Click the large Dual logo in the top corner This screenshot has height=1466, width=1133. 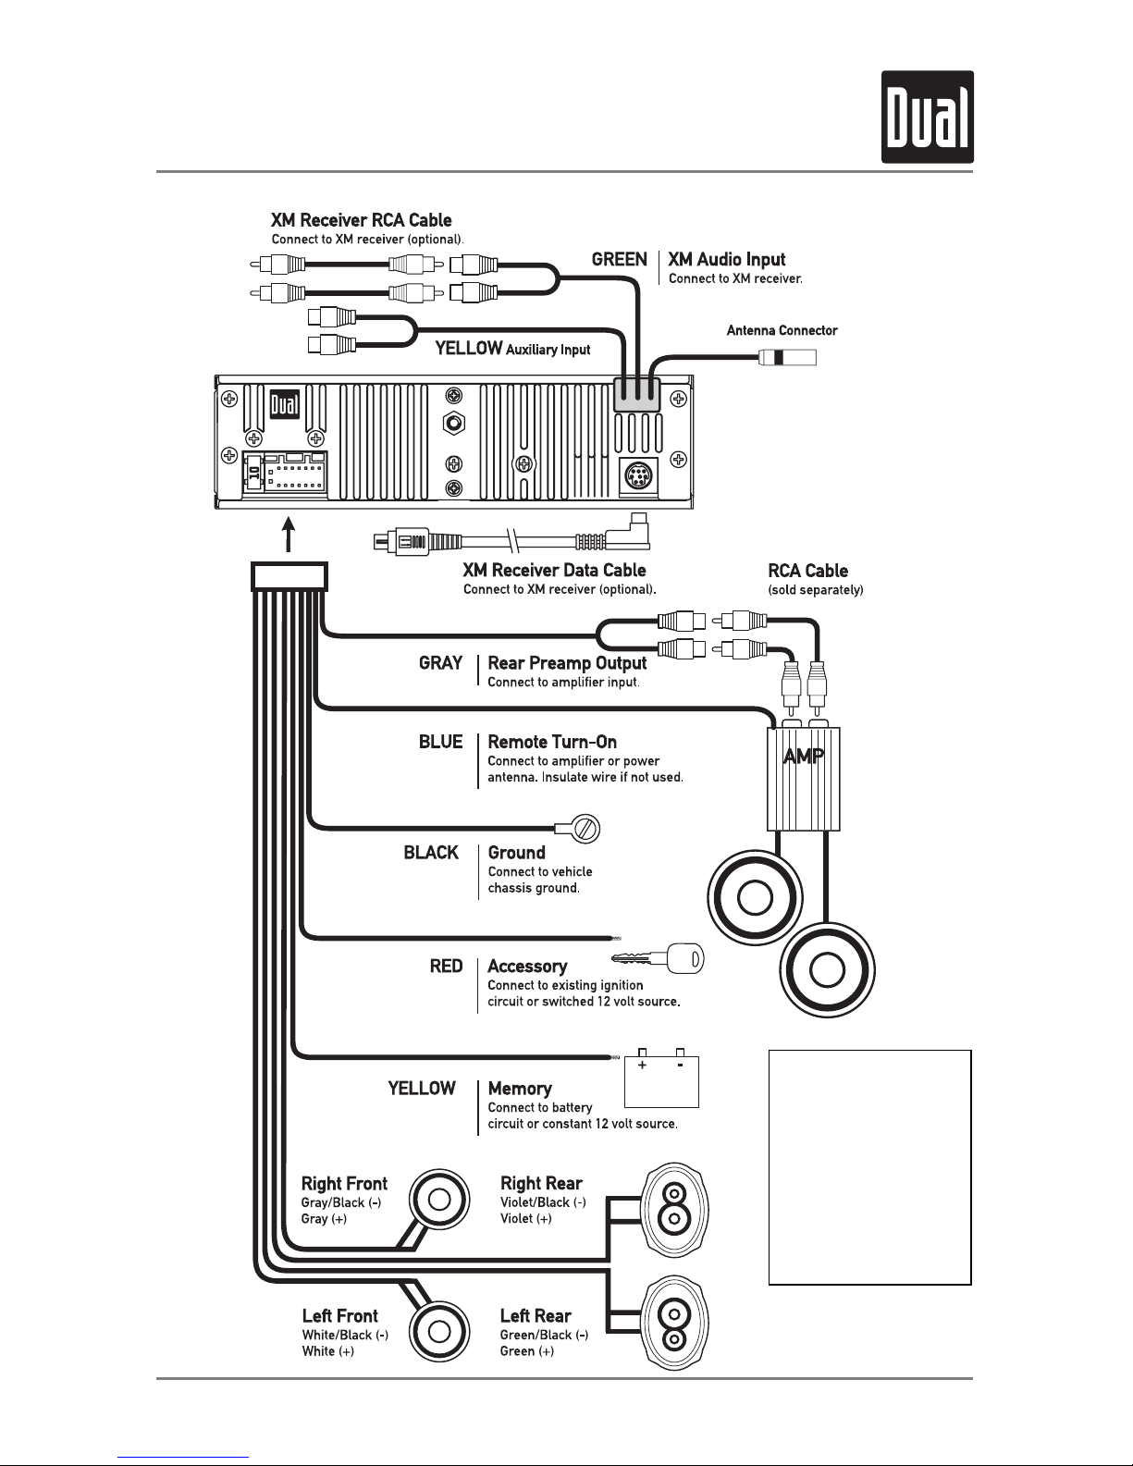(x=928, y=117)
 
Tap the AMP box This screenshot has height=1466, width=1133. (x=803, y=779)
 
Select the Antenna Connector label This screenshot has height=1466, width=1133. (x=782, y=330)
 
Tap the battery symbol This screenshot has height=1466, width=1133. (x=661, y=1078)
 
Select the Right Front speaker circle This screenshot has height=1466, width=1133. (x=439, y=1201)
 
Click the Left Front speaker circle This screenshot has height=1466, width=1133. (x=439, y=1332)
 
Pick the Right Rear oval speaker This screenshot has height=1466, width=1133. (x=673, y=1209)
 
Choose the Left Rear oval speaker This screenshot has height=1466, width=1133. (x=673, y=1323)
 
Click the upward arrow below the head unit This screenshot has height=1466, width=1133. (x=289, y=535)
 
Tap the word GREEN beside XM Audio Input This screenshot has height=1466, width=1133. (x=619, y=260)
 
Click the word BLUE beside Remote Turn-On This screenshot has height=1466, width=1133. (x=440, y=742)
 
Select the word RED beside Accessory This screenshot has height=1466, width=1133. (x=446, y=967)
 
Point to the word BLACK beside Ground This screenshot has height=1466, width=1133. (x=431, y=853)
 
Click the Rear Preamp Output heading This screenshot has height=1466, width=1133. (x=567, y=664)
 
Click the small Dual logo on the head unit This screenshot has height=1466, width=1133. (x=284, y=405)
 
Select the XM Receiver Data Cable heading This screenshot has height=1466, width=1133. (x=554, y=571)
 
